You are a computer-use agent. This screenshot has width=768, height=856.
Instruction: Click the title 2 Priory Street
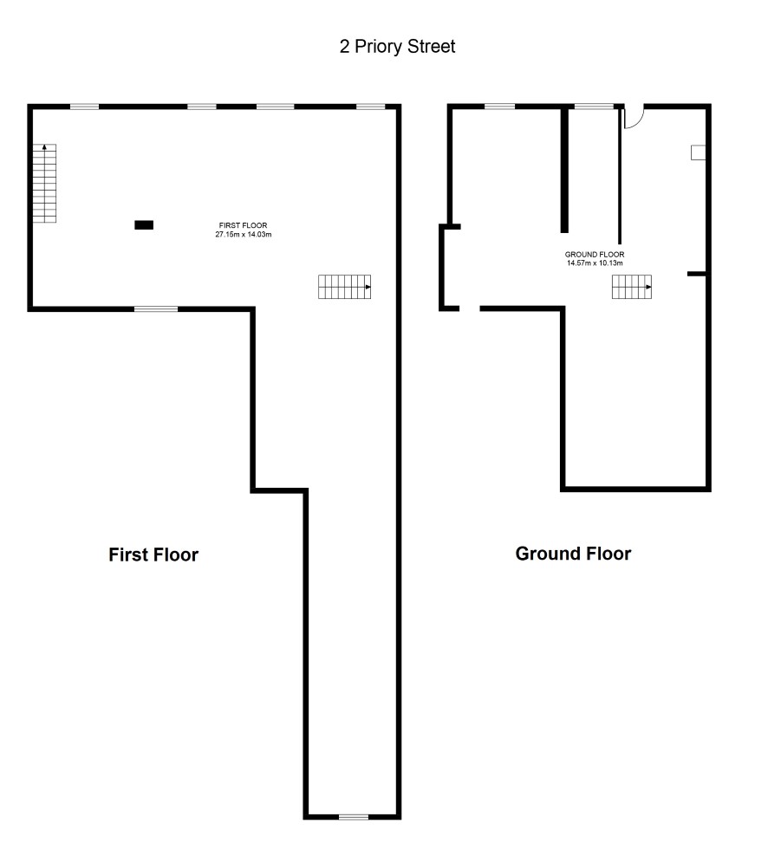tap(397, 47)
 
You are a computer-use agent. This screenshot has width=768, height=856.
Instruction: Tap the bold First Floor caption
tap(153, 554)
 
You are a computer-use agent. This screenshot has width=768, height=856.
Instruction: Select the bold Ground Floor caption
tap(573, 554)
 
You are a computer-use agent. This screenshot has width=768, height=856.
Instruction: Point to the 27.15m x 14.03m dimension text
tap(243, 235)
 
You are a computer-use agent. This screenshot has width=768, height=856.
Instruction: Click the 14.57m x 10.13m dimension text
tap(595, 263)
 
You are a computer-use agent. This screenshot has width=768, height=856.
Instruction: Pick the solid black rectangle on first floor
tap(144, 225)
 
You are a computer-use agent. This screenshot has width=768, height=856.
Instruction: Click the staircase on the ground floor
tap(631, 287)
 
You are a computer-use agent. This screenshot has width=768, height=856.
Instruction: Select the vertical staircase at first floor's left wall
tap(44, 184)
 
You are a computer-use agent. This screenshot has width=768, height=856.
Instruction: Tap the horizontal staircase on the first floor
tap(345, 287)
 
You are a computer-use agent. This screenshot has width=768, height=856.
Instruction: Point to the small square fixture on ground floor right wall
tap(698, 152)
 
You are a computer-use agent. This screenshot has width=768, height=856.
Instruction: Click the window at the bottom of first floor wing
tap(354, 817)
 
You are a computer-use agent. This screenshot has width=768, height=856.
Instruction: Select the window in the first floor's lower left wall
tap(156, 309)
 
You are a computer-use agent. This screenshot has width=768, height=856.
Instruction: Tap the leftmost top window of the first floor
tap(85, 107)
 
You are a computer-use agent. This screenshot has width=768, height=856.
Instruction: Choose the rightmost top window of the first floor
tap(371, 107)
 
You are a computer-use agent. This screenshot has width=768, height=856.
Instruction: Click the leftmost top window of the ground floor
tap(500, 107)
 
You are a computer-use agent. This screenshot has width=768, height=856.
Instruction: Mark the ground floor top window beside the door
tap(595, 107)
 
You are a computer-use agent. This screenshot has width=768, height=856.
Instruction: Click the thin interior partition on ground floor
tap(620, 176)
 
